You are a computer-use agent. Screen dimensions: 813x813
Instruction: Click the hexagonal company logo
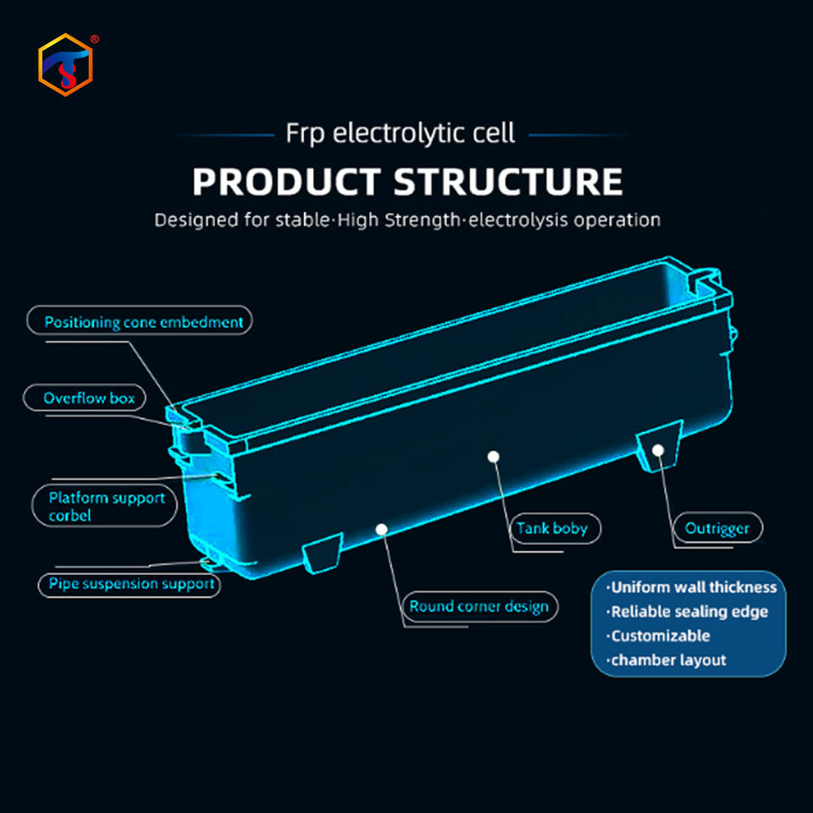click(65, 65)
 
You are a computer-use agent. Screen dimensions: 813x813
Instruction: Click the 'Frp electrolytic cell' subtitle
click(400, 134)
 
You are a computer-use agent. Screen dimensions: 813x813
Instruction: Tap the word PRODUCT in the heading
click(287, 182)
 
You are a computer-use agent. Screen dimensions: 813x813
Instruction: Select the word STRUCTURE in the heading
click(507, 182)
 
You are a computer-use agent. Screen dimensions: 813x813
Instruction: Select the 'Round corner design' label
click(479, 606)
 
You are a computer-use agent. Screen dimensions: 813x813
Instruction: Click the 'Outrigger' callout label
click(717, 528)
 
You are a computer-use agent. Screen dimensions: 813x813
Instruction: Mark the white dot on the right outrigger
click(658, 450)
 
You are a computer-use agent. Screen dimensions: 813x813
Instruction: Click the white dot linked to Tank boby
click(494, 456)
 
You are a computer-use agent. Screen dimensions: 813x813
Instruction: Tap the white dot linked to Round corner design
click(382, 528)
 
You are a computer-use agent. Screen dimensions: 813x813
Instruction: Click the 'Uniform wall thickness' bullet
click(692, 588)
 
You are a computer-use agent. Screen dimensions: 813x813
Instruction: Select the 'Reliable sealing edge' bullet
click(687, 611)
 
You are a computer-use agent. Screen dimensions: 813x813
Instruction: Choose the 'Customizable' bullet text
click(658, 636)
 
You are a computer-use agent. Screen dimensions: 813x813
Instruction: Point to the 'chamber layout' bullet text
click(666, 660)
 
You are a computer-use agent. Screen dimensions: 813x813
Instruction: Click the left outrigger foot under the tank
click(323, 553)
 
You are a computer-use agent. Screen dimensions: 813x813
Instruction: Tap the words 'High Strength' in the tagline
click(398, 220)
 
